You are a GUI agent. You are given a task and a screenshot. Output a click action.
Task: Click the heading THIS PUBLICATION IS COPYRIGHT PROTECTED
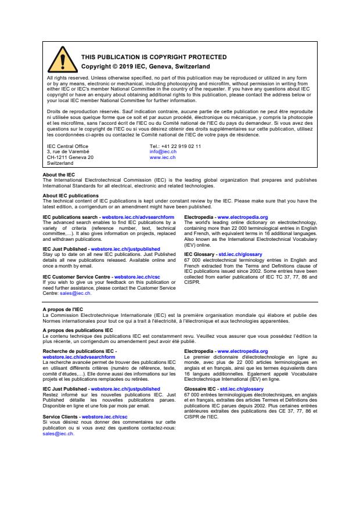tap(145, 57)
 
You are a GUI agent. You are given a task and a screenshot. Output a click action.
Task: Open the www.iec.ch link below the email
tap(163, 157)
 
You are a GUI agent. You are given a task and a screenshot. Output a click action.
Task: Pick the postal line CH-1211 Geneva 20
tap(70, 157)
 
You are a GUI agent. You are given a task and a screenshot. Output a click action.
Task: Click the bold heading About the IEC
tap(59, 175)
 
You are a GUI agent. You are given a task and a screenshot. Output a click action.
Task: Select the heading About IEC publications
tap(70, 196)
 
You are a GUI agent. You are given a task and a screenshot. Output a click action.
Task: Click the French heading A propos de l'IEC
tap(63, 310)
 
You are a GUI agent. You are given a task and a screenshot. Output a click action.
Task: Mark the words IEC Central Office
tap(67, 146)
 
